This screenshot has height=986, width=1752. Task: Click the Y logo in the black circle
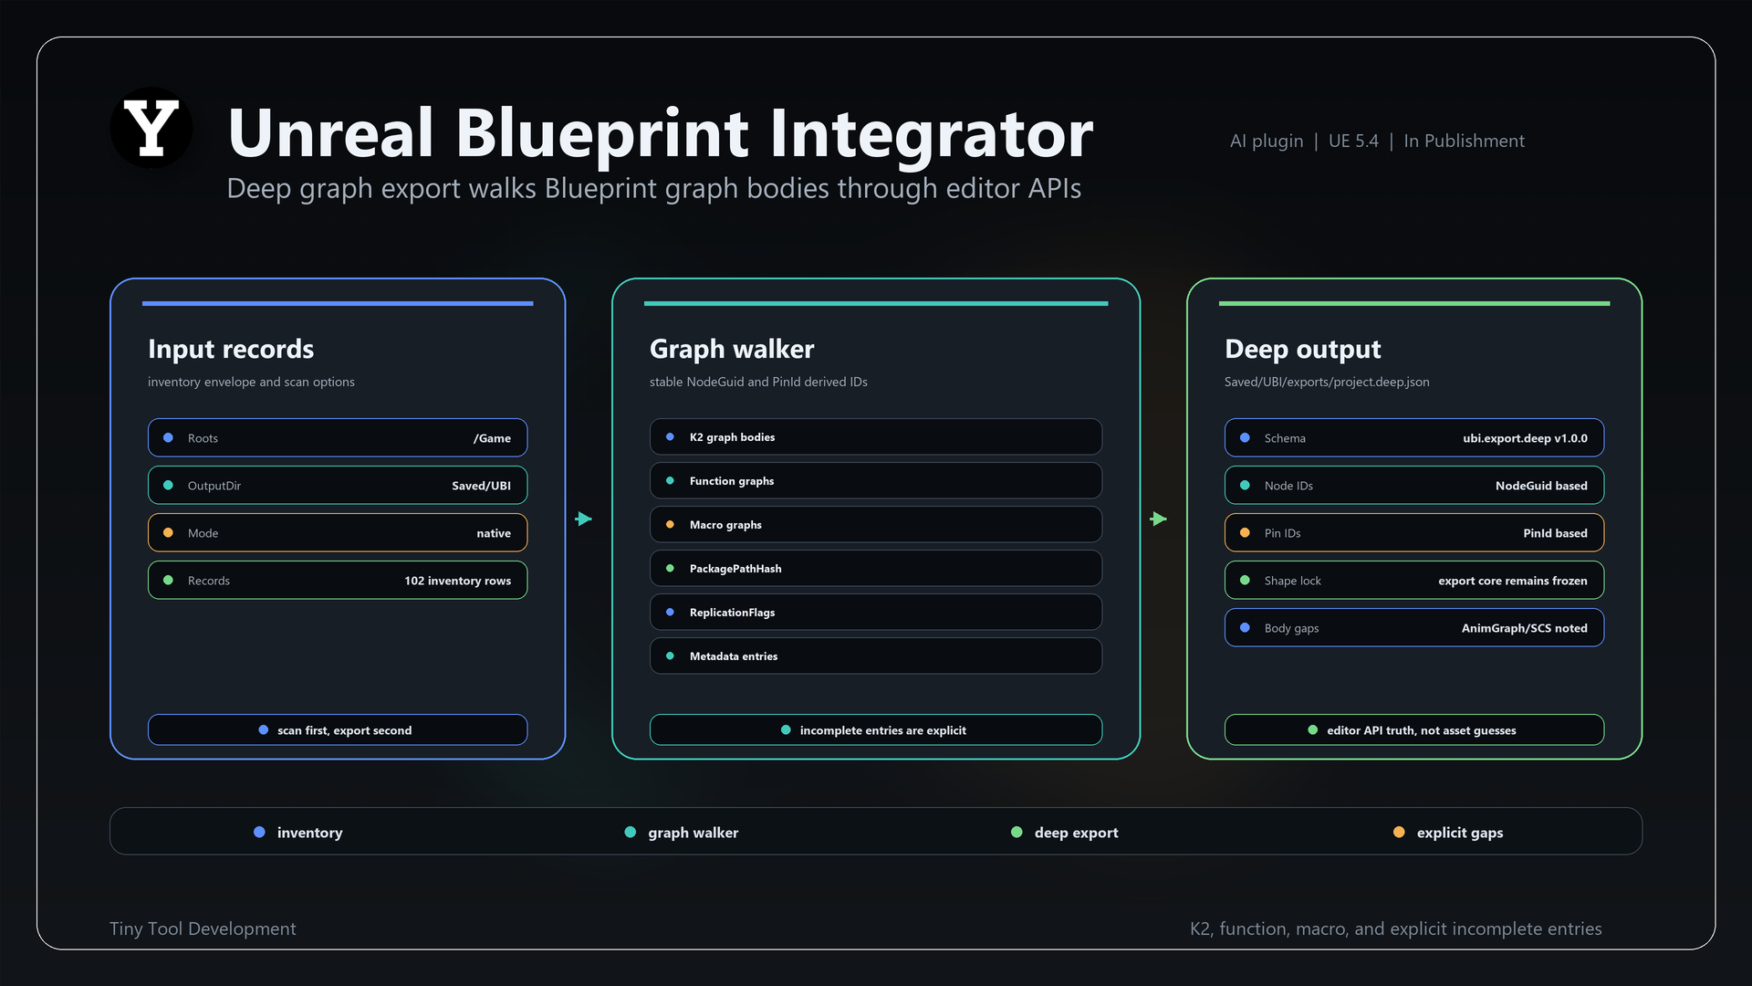tap(151, 128)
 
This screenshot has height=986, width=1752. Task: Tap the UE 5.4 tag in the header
tap(1353, 141)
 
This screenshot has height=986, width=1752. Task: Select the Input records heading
tap(231, 349)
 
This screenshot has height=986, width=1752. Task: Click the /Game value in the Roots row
tap(492, 438)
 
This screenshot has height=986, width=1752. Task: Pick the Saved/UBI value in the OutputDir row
tap(481, 486)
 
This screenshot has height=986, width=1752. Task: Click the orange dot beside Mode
tap(168, 532)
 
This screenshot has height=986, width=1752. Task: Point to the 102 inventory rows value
tap(457, 581)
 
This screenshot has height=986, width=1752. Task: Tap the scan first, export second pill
tap(338, 729)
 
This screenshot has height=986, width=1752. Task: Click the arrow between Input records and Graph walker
tap(584, 519)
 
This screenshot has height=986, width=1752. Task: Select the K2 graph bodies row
tap(876, 436)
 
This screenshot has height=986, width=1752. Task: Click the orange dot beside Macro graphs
tap(670, 524)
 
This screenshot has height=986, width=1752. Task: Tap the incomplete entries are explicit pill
tap(876, 729)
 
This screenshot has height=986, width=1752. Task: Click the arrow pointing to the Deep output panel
tap(1159, 519)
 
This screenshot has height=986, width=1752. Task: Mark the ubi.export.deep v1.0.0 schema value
tap(1525, 438)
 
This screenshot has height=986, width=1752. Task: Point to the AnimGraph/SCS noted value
tap(1524, 628)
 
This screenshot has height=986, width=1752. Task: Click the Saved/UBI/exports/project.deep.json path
tap(1327, 382)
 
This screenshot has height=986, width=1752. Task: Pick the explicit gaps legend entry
tap(1448, 832)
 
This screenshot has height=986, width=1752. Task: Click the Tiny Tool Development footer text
tap(203, 928)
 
